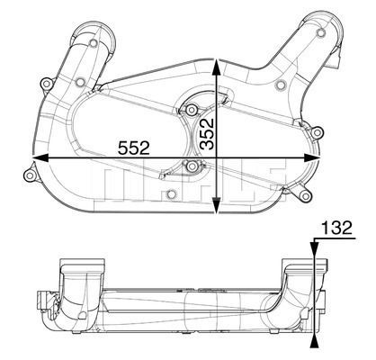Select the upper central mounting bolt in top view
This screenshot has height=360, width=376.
click(x=190, y=110)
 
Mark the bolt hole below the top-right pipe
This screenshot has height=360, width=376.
click(x=281, y=85)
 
